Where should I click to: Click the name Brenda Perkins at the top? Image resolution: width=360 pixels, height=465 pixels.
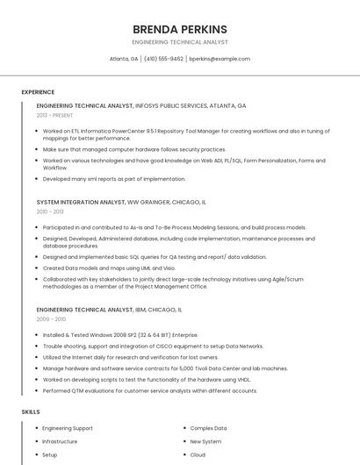[179, 29]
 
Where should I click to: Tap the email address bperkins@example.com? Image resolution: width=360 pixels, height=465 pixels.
[220, 59]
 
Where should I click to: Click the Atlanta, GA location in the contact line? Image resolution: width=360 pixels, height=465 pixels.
[124, 59]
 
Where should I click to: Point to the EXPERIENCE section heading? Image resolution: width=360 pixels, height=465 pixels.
[38, 92]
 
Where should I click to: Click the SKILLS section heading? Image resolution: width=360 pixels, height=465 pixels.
[31, 411]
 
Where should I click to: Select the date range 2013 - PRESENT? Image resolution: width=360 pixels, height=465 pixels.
[54, 115]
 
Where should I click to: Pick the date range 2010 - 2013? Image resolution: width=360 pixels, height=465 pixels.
[50, 211]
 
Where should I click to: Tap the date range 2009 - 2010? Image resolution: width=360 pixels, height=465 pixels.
[50, 319]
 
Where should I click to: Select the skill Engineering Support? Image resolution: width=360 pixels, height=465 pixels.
[68, 428]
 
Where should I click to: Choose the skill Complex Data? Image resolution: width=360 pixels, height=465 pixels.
[208, 428]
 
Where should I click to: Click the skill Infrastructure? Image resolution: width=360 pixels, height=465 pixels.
[60, 441]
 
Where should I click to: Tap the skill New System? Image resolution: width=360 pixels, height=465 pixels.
[205, 441]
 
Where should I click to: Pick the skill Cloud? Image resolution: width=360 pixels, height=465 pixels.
[198, 454]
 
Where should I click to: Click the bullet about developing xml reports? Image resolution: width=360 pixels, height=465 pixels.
[114, 178]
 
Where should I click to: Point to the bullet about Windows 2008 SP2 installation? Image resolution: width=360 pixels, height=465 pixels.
[120, 334]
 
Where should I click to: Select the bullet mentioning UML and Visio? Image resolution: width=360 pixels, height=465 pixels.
[109, 268]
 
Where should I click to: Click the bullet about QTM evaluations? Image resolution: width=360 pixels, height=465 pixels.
[149, 390]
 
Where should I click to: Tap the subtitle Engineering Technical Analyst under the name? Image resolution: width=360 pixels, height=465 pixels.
[179, 42]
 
